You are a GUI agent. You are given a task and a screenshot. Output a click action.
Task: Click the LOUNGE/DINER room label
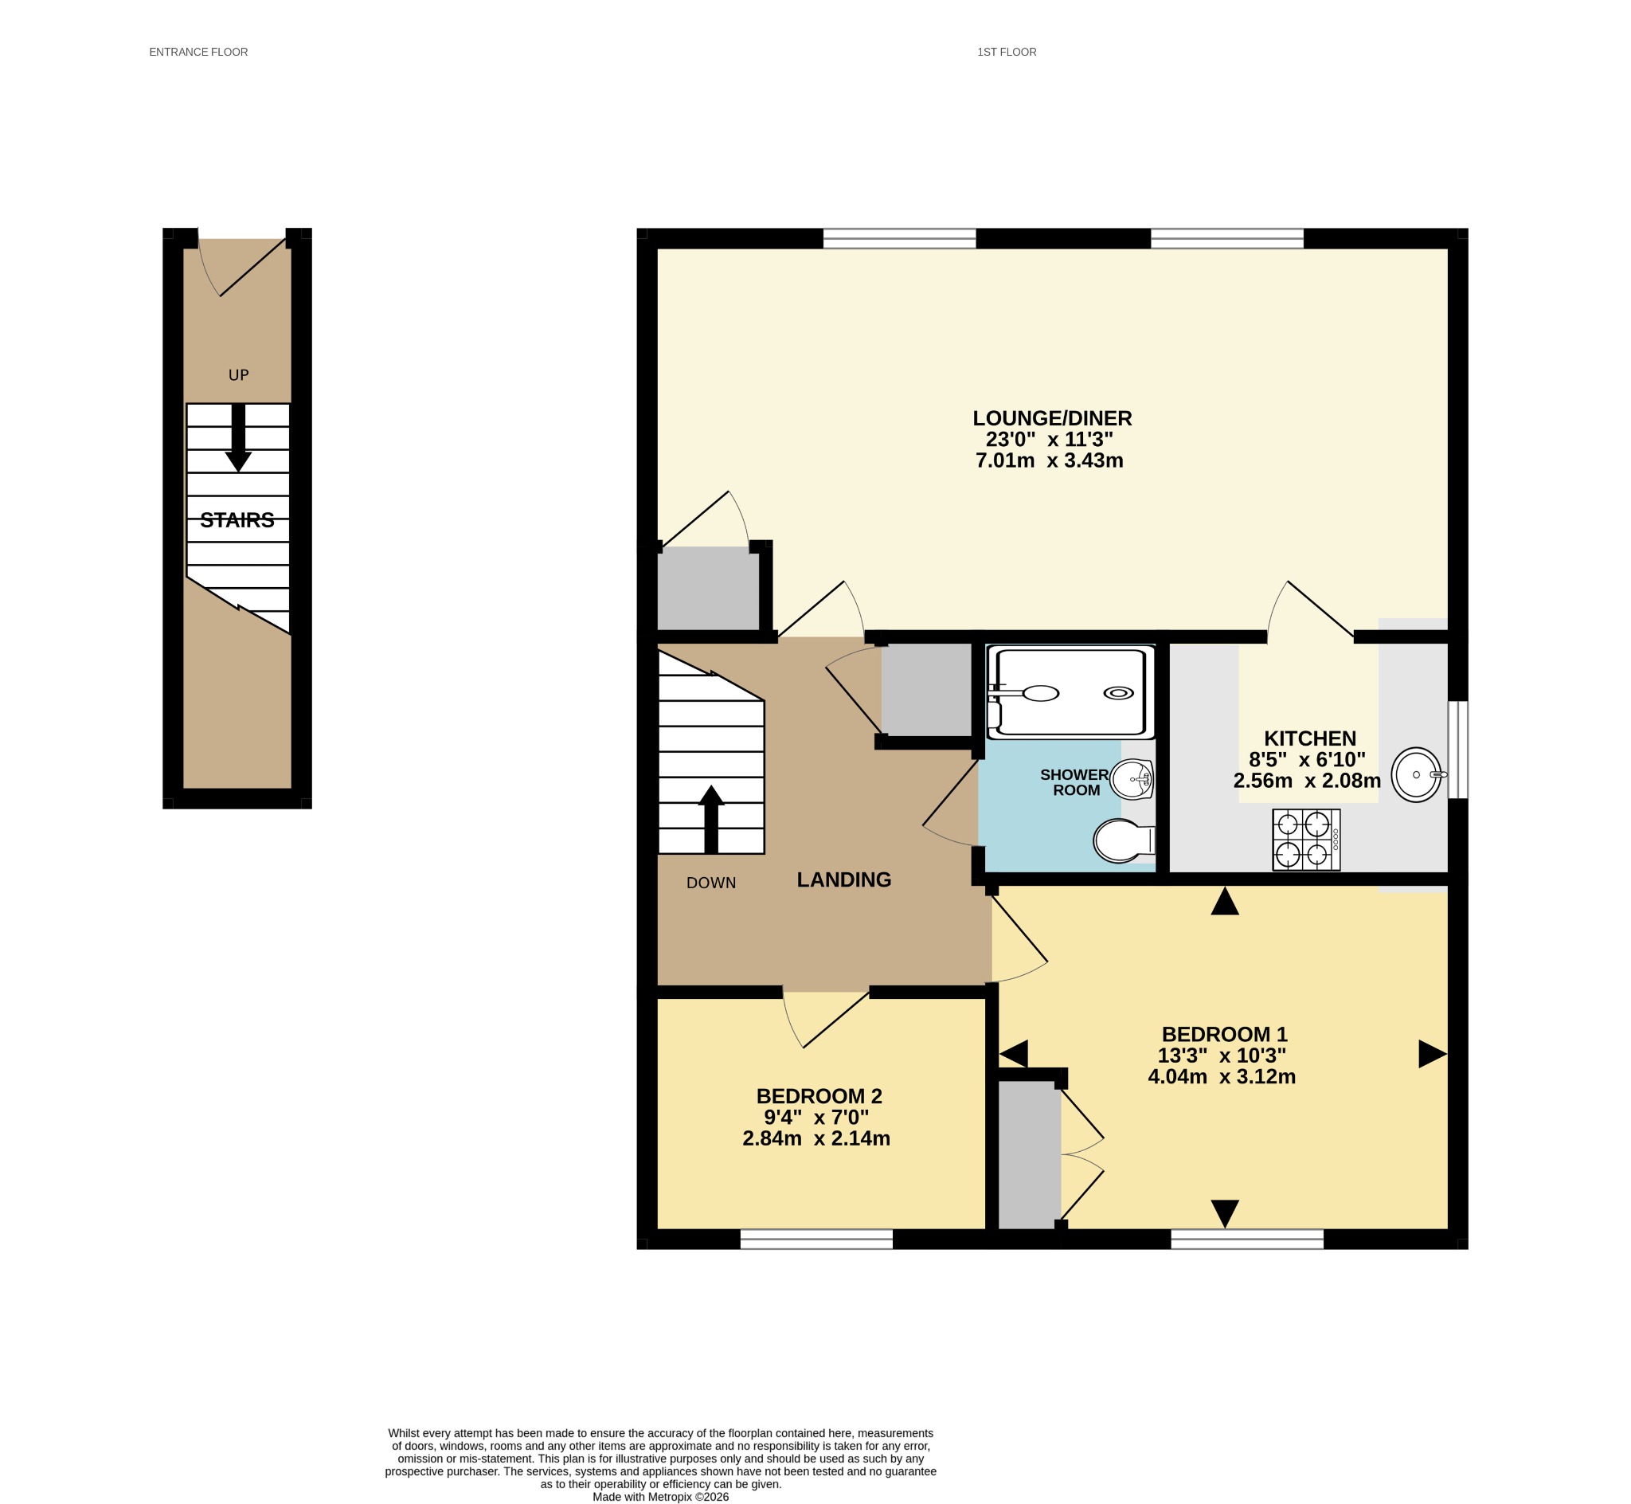click(1052, 418)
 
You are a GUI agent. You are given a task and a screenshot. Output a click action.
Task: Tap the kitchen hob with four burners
click(1306, 840)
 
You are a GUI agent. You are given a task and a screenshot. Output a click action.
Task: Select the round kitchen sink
click(1416, 775)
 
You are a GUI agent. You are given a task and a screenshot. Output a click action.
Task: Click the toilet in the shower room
click(1124, 840)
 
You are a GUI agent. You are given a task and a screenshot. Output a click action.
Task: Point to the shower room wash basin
click(1132, 780)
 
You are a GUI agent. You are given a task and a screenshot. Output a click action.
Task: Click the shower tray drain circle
click(1118, 692)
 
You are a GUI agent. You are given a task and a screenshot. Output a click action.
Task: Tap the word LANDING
click(843, 879)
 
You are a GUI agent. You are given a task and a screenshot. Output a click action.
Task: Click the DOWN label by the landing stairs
click(711, 883)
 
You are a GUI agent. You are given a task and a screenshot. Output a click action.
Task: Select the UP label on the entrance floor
click(238, 375)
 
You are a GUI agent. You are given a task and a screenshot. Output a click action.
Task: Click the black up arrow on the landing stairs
click(711, 819)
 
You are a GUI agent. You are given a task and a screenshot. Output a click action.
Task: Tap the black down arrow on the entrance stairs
click(238, 438)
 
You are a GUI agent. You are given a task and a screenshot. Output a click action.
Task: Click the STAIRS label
click(237, 520)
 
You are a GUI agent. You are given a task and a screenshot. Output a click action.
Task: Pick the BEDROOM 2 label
click(819, 1096)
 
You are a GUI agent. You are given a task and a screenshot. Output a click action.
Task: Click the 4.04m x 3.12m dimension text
click(1222, 1077)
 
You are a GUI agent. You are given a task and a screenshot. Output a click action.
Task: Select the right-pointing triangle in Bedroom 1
click(1433, 1054)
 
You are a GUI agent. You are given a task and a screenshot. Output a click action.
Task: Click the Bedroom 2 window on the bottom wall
click(816, 1239)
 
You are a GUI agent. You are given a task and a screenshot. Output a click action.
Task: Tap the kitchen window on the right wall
click(1457, 750)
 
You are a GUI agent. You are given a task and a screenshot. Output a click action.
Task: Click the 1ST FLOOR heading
click(1007, 52)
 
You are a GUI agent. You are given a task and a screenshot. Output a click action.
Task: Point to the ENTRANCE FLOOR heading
click(198, 52)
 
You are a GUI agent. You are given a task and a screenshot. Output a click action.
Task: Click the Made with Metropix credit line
click(660, 1497)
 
